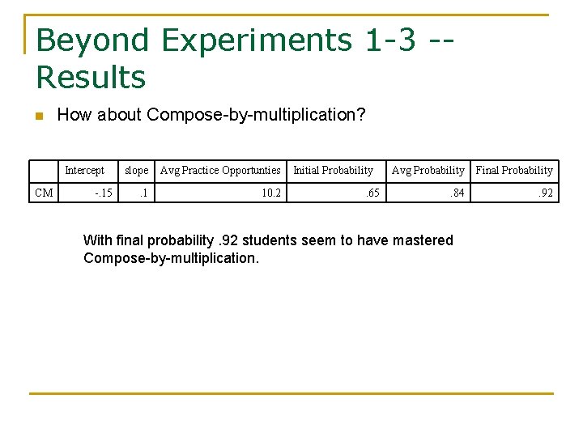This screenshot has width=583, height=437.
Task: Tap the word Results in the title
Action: pyautogui.click(x=91, y=78)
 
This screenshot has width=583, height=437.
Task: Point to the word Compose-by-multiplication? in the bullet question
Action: pyautogui.click(x=257, y=115)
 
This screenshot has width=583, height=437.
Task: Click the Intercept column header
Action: pyautogui.click(x=84, y=171)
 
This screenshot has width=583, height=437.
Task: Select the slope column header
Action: pyautogui.click(x=136, y=171)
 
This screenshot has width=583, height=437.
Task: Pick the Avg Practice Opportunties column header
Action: pyautogui.click(x=220, y=171)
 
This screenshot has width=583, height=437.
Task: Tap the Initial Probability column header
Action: pyautogui.click(x=333, y=171)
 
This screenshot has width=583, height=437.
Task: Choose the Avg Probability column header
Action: pyautogui.click(x=428, y=171)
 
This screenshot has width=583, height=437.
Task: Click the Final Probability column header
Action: pyautogui.click(x=514, y=171)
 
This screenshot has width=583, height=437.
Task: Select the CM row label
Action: pyautogui.click(x=44, y=193)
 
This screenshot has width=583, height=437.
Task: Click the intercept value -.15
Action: pyautogui.click(x=103, y=193)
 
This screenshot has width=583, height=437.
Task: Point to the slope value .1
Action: pyautogui.click(x=143, y=193)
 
